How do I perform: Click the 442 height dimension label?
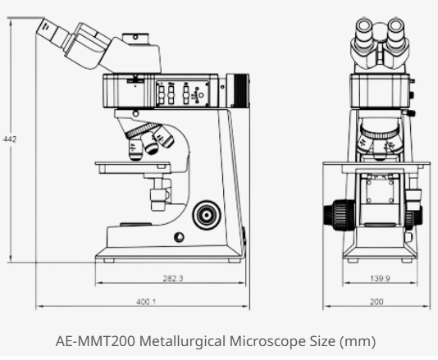coord(10,140)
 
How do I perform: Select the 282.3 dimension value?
coord(171,279)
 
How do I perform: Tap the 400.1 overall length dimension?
coord(147,302)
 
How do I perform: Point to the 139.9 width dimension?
coord(379,279)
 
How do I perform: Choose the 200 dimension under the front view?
coord(376,302)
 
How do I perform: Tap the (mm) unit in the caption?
coord(359,342)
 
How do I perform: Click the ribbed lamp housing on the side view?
coord(239,89)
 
